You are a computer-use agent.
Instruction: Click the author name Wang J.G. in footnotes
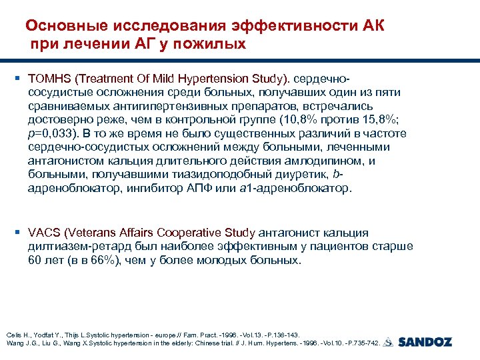point(19,343)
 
